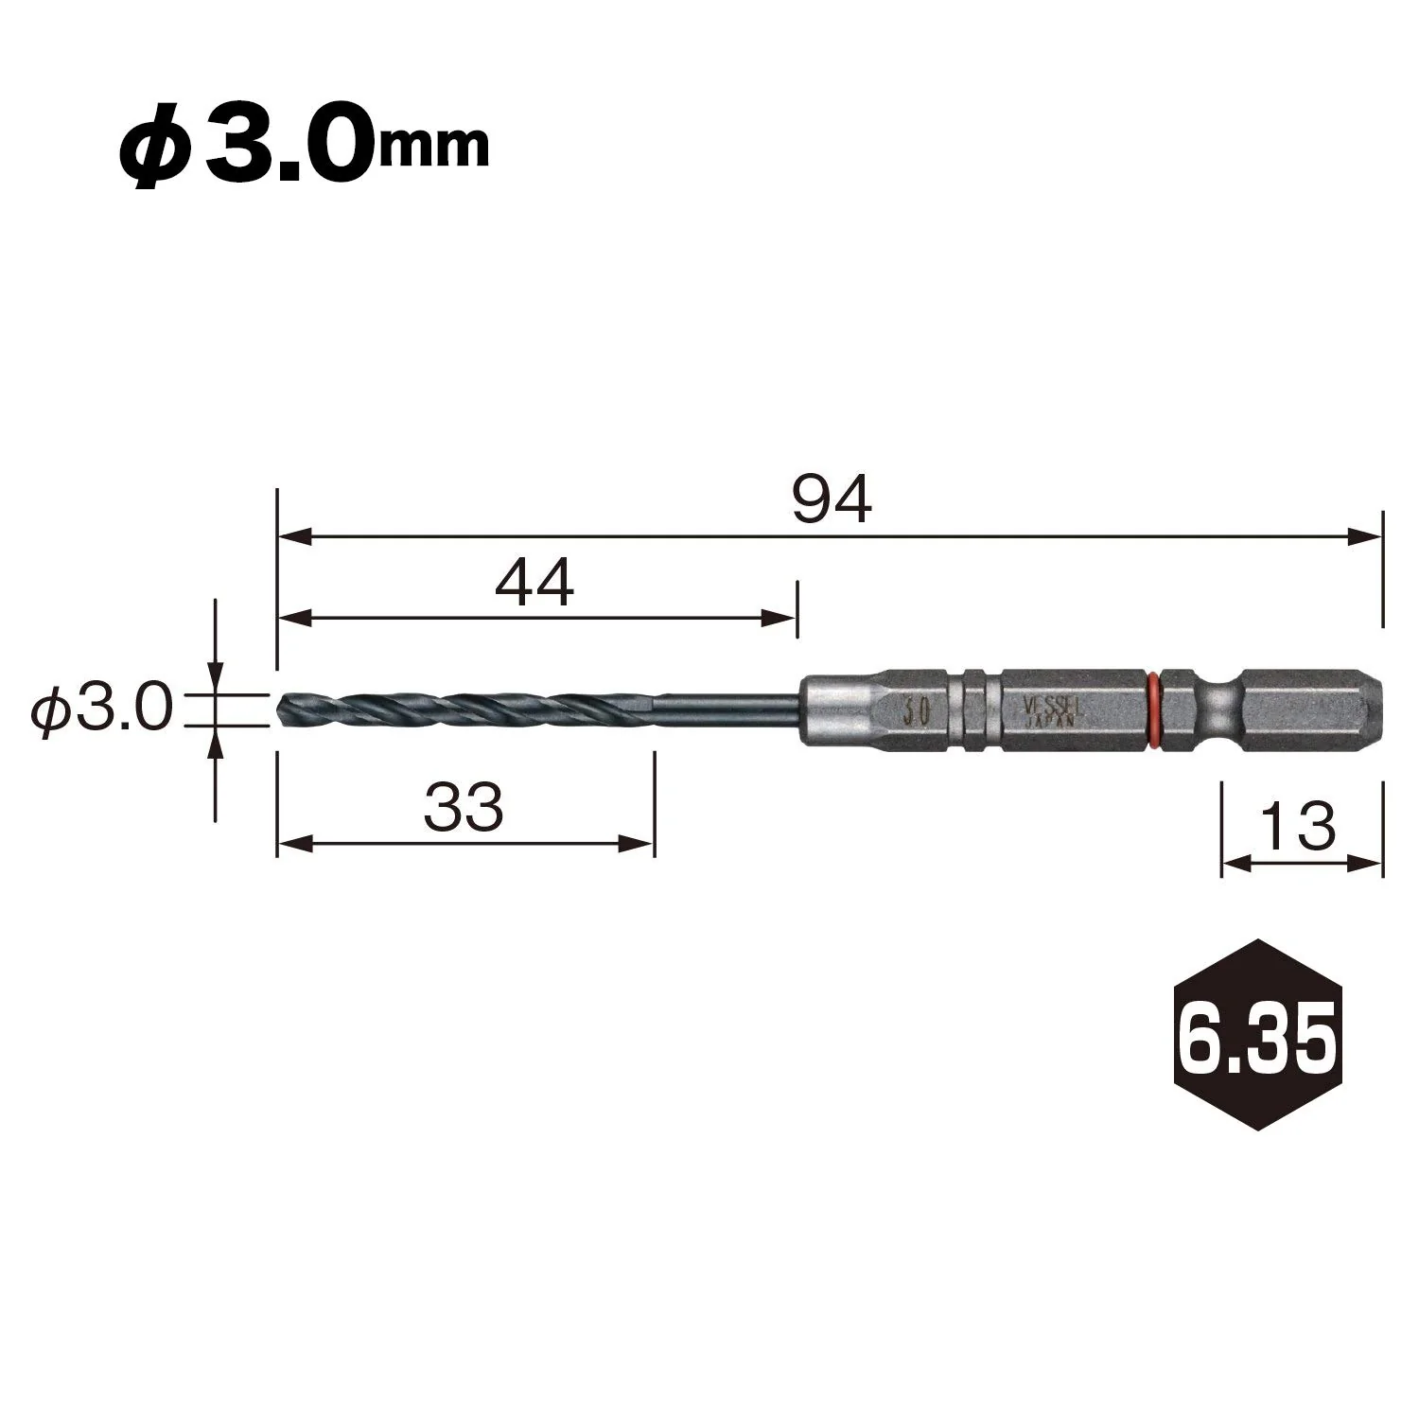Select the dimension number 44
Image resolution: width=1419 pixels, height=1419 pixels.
point(534,583)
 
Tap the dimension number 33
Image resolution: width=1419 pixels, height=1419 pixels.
point(464,808)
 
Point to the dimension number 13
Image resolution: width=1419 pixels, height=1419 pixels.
point(1301,826)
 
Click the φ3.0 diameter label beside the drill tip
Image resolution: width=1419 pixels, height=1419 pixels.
point(101,709)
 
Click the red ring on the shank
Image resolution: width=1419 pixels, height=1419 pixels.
point(1153,709)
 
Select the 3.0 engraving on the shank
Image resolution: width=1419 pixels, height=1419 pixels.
point(914,710)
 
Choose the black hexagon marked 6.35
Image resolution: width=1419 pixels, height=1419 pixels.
point(1258,1034)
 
